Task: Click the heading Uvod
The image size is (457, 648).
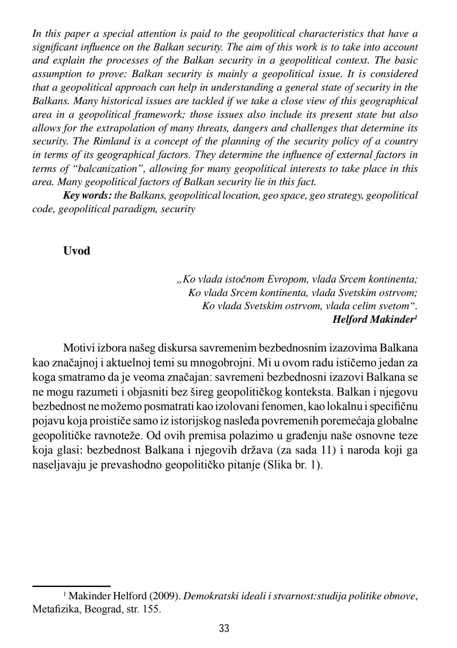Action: coord(77,251)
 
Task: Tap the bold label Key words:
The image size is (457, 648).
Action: coord(87,196)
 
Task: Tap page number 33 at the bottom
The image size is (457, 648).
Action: coord(225,628)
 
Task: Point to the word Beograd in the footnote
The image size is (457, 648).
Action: coord(99,610)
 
